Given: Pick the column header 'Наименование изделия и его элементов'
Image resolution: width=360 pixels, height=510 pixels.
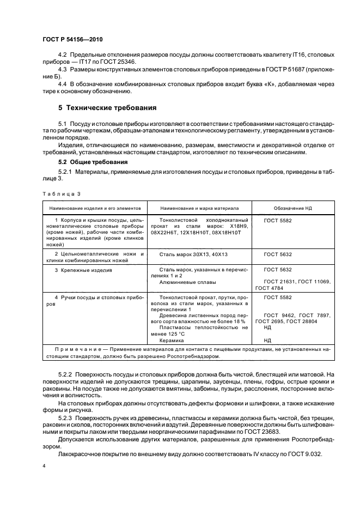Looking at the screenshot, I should coord(95,208).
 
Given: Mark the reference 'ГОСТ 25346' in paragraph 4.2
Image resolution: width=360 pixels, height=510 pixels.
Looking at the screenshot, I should coord(119,63).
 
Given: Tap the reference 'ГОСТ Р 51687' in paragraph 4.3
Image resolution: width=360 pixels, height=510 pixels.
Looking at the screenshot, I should coord(268,70).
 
